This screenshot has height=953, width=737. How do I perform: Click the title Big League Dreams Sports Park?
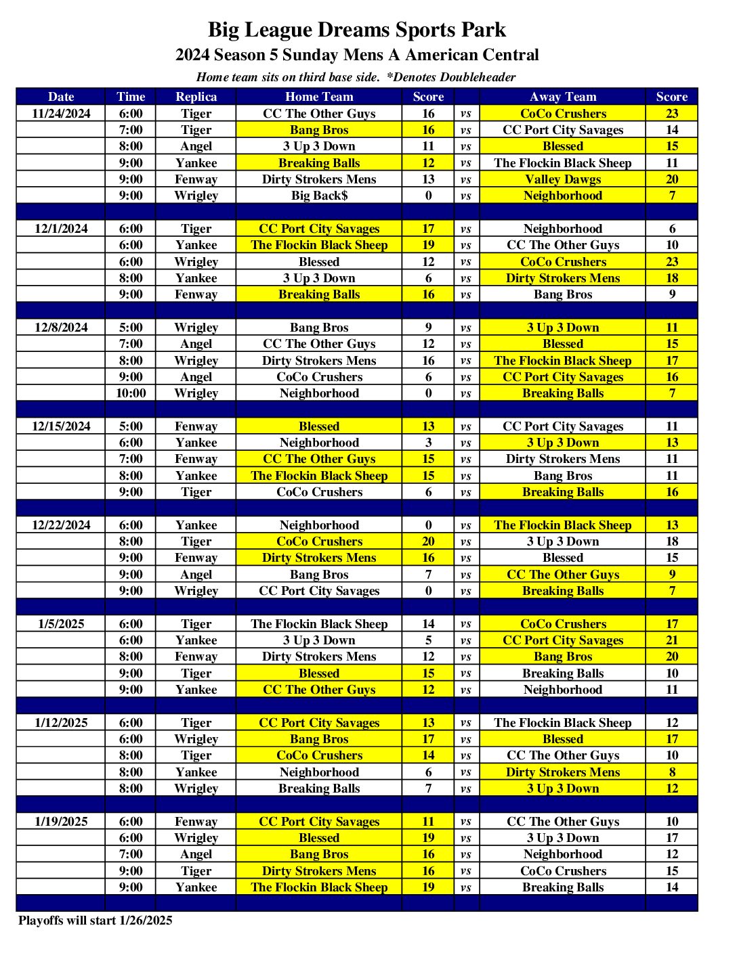(356, 30)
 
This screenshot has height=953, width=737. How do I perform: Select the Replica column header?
(196, 97)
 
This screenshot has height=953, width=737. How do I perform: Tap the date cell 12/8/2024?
(61, 328)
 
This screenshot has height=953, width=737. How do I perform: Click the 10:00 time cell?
(131, 393)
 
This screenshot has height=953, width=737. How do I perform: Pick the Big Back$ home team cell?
(319, 196)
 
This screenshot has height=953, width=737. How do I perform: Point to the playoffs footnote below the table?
(96, 921)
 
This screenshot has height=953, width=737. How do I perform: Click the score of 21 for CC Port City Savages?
(671, 640)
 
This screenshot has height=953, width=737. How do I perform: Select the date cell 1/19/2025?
(61, 822)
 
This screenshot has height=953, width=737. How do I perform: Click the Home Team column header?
(319, 97)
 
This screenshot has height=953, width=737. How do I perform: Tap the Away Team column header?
(563, 97)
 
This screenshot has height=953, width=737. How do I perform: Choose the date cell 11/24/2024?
(61, 114)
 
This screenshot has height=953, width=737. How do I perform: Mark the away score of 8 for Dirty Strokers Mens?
(671, 772)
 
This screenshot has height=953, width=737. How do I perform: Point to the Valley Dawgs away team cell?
(563, 179)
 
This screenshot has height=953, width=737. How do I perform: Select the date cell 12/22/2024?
(61, 525)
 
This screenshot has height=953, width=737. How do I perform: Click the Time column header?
(131, 97)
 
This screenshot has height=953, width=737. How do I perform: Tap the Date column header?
(61, 97)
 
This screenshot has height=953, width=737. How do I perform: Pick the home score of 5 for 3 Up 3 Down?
(428, 640)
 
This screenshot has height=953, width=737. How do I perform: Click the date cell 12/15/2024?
(61, 426)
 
